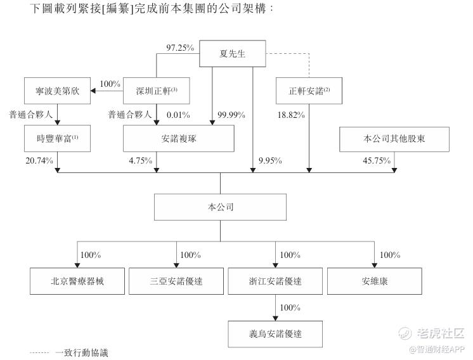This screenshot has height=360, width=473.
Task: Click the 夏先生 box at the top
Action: tap(231, 53)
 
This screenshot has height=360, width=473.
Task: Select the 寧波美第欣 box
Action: tap(58, 91)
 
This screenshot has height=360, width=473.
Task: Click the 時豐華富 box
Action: tap(58, 138)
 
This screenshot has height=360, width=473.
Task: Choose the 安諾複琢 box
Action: tap(179, 138)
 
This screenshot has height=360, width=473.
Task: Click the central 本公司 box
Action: tap(221, 207)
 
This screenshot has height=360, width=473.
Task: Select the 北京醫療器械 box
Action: tap(77, 280)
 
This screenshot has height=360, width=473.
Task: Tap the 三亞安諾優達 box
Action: tap(176, 280)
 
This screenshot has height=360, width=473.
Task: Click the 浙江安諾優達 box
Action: tap(275, 280)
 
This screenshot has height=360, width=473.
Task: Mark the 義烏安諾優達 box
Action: tap(276, 331)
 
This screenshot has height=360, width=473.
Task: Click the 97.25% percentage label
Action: tap(179, 48)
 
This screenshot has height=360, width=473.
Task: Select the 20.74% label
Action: tap(39, 161)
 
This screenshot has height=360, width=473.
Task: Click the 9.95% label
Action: tap(273, 161)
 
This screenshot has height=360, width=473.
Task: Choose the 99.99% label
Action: tap(231, 115)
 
